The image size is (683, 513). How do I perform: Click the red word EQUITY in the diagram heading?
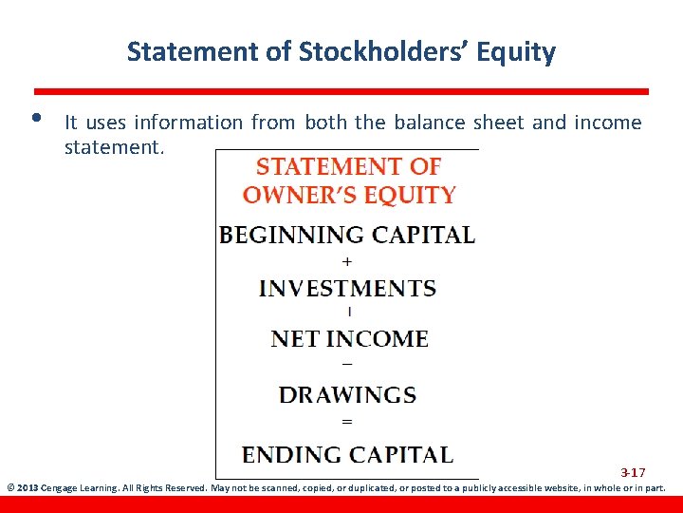[x=411, y=196]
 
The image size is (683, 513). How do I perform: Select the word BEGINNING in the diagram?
[x=291, y=235]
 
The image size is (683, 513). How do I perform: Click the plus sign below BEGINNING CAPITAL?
[x=347, y=260]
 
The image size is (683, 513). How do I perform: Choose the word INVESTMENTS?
[x=347, y=288]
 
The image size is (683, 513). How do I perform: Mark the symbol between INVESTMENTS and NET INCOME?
[x=349, y=311]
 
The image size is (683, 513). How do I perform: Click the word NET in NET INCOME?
[x=295, y=338]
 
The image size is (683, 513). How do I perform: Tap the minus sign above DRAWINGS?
[x=346, y=365]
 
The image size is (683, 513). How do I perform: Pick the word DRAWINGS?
[x=347, y=394]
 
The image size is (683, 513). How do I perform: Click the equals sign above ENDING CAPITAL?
[x=346, y=421]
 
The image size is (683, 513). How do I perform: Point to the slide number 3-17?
[x=633, y=472]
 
